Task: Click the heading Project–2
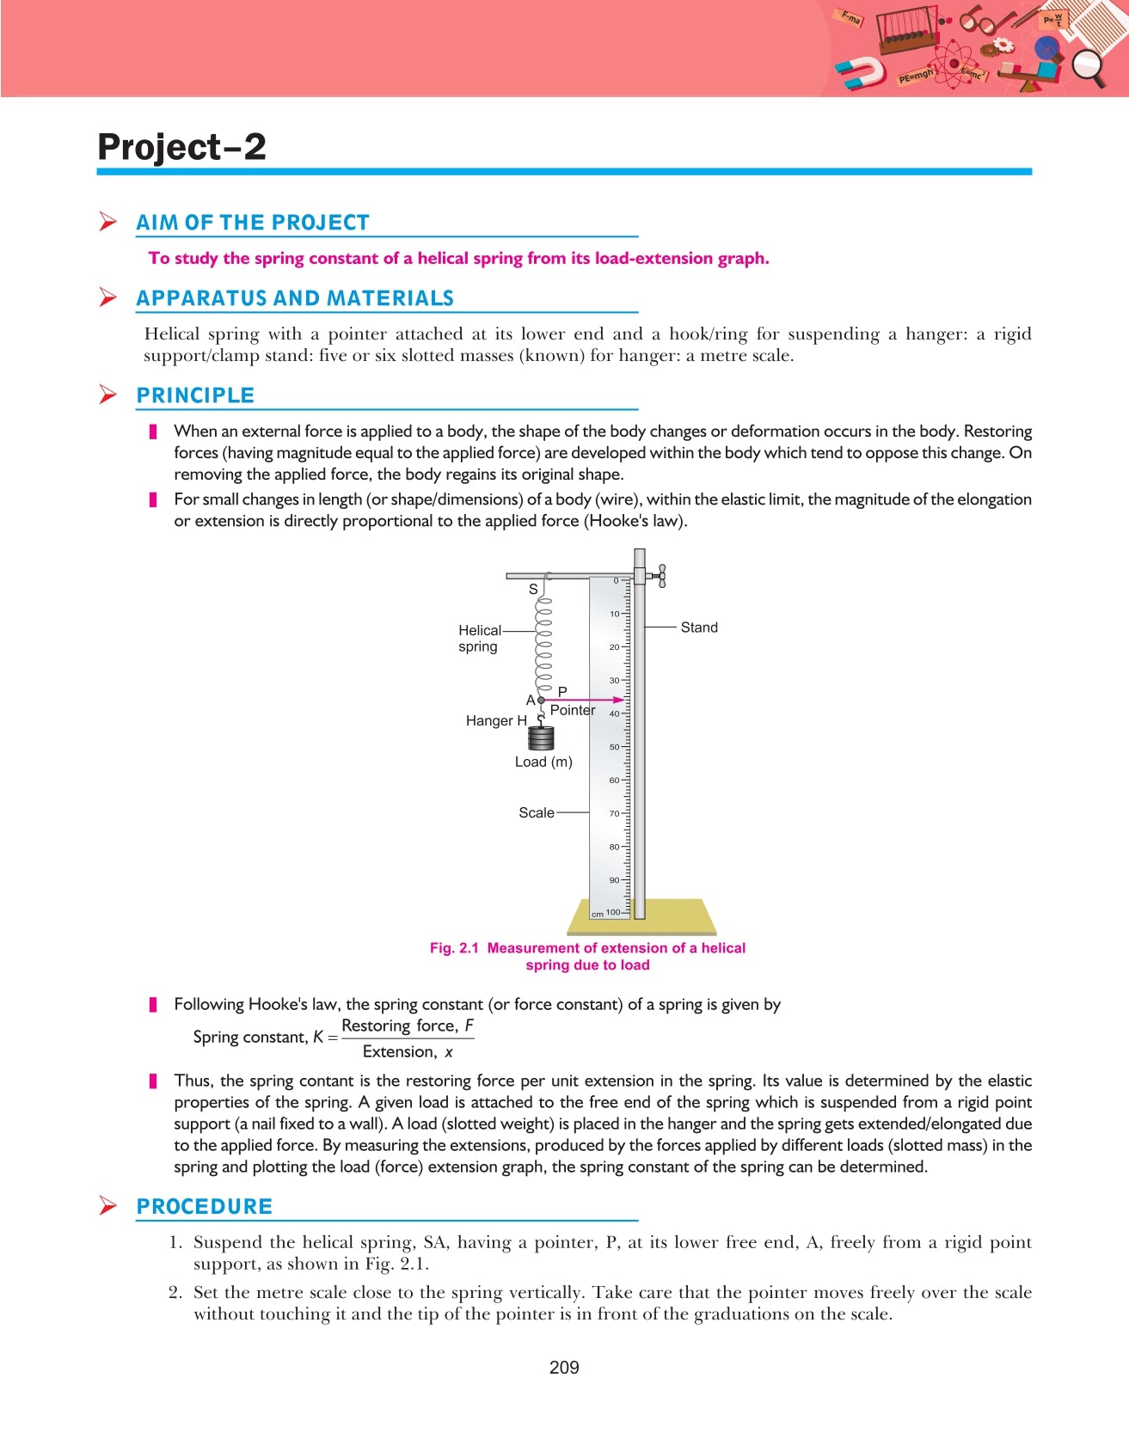[181, 147]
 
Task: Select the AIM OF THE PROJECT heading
[253, 223]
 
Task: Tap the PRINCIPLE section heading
[195, 395]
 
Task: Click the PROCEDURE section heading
[205, 1206]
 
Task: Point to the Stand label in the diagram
[699, 628]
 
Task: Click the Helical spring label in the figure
[479, 638]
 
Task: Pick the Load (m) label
[543, 762]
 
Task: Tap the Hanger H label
[496, 720]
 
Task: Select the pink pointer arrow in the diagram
[583, 700]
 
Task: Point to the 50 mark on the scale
[614, 747]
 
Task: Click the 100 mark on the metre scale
[612, 912]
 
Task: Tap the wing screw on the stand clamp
[659, 576]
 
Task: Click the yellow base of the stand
[641, 917]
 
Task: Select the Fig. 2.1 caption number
[454, 948]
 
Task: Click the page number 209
[564, 1368]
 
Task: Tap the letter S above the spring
[533, 590]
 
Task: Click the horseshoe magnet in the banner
[860, 74]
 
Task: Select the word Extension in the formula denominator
[400, 1051]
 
